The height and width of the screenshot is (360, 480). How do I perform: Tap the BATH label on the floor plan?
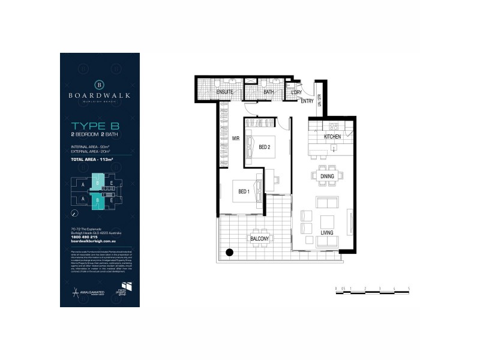268,92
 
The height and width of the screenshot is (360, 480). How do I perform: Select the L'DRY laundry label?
296,92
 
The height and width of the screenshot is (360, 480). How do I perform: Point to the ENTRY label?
307,101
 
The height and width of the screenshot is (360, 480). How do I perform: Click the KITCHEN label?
332,137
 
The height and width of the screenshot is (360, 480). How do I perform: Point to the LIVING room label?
327,232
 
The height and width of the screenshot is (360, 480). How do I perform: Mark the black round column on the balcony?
229,253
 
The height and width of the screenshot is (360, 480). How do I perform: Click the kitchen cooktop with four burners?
334,127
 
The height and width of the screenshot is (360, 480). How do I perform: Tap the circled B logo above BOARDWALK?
100,83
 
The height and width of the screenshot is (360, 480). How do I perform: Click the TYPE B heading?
95,126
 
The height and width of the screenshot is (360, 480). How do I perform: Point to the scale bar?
372,290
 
